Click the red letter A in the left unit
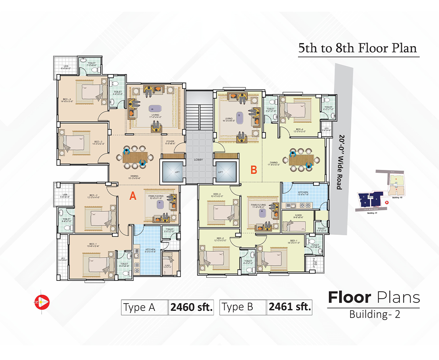[133, 196]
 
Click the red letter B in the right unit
[254, 170]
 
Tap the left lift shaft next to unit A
[172, 172]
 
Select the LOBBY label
[199, 160]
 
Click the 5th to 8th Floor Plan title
[358, 49]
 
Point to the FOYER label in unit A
[170, 141]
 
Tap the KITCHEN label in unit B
[303, 192]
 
